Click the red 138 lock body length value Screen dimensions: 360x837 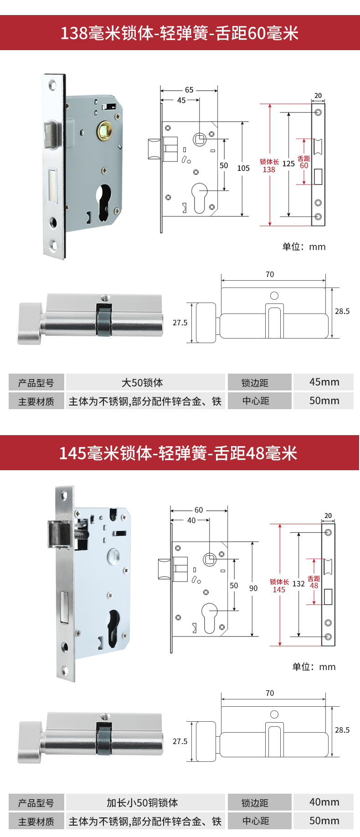[269, 170]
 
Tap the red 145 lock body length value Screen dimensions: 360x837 [279, 590]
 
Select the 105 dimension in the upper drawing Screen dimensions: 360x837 [243, 168]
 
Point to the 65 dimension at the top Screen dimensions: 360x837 [189, 90]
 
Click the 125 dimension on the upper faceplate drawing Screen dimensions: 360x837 [288, 164]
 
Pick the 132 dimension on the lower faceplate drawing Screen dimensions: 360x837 [298, 584]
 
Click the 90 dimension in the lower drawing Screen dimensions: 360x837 [253, 588]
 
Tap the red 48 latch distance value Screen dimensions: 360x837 [314, 586]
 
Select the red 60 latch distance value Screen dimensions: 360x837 [304, 166]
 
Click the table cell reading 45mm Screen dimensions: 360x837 [324, 382]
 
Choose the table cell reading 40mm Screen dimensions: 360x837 [324, 802]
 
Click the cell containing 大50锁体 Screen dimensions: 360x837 [142, 383]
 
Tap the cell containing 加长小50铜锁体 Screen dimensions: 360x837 [142, 802]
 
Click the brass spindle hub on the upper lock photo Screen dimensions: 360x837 [105, 131]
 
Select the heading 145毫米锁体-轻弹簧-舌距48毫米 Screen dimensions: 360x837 [179, 453]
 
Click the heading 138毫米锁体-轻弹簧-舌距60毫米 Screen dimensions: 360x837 [180, 33]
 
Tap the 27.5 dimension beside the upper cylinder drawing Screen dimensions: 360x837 [180, 323]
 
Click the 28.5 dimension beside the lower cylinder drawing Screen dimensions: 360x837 [342, 730]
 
